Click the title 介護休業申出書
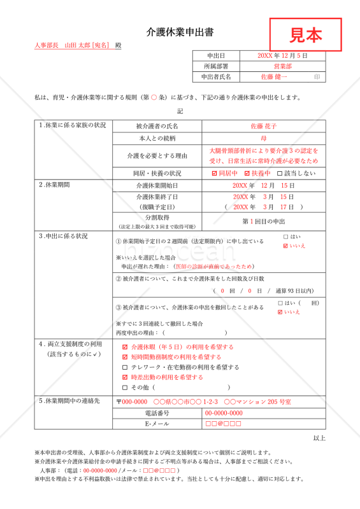(x=180, y=32)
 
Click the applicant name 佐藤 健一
(x=274, y=77)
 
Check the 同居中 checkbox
(x=215, y=173)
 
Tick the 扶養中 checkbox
(x=246, y=173)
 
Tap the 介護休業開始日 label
(x=157, y=185)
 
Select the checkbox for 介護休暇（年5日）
(x=125, y=347)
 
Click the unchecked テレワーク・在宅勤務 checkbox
(x=125, y=367)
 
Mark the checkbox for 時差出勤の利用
(x=125, y=377)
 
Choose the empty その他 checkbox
(x=125, y=387)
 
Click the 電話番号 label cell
(x=157, y=413)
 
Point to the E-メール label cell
(x=157, y=424)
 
